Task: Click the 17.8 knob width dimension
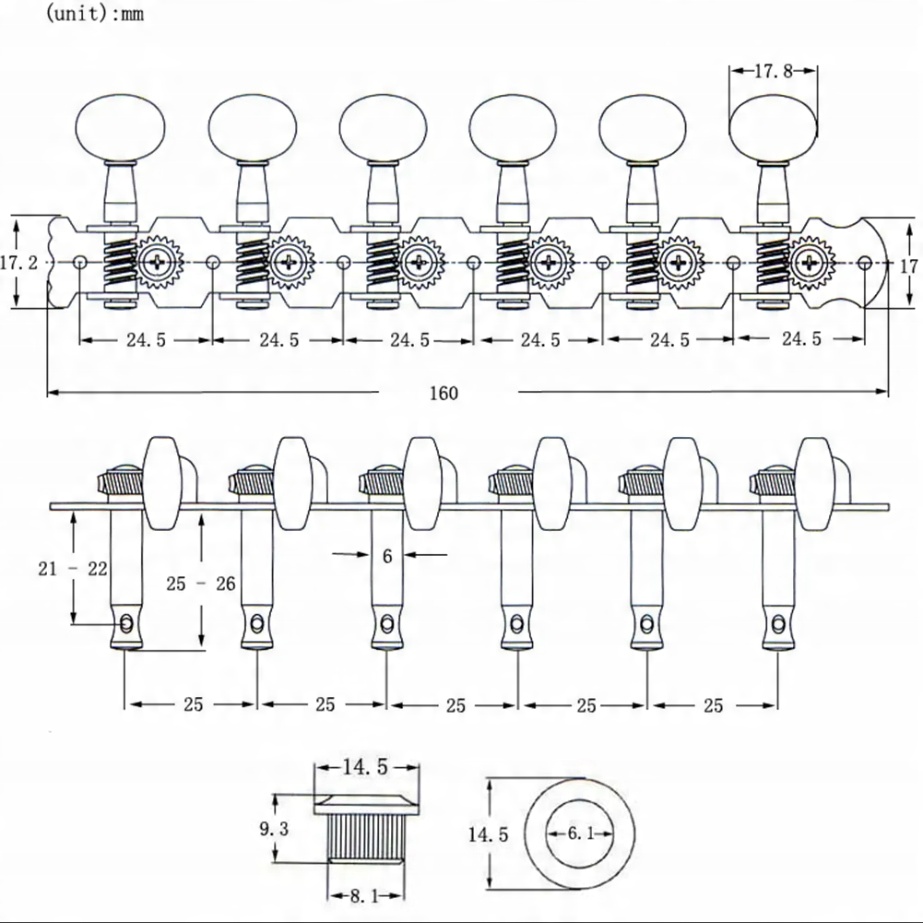click(x=774, y=71)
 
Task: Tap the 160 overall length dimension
click(x=444, y=393)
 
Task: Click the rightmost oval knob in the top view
click(x=773, y=128)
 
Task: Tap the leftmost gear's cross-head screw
click(x=158, y=263)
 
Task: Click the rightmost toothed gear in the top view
click(x=810, y=263)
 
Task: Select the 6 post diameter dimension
click(x=388, y=556)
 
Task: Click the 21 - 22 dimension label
click(x=73, y=568)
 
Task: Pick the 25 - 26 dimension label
click(x=202, y=583)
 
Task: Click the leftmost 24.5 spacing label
click(x=146, y=340)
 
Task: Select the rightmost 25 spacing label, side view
click(x=713, y=705)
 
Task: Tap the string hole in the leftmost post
click(x=127, y=624)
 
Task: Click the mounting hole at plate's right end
click(x=864, y=262)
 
